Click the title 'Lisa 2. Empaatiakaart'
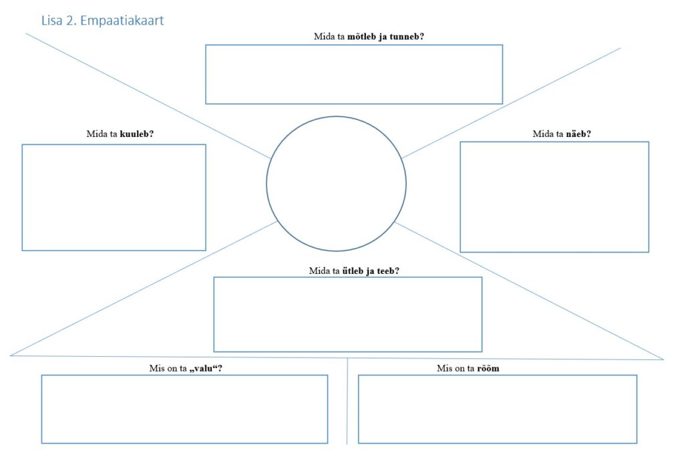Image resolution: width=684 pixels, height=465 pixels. (102, 21)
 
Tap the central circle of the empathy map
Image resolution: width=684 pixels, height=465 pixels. (336, 183)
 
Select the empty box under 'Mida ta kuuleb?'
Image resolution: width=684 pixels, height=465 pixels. (114, 197)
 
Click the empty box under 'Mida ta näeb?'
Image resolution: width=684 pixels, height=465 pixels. (554, 196)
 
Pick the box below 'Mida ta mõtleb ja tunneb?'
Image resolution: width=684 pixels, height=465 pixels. (353, 74)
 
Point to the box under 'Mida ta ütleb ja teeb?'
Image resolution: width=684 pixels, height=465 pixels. (347, 314)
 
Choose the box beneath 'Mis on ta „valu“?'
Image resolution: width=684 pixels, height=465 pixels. (184, 409)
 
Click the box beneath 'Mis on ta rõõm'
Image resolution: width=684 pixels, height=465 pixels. (497, 409)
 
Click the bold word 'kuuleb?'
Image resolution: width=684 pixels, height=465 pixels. (137, 134)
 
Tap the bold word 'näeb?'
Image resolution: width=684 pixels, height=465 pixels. (578, 134)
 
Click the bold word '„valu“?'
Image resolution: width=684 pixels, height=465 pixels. (205, 368)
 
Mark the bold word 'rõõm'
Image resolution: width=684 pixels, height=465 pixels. (489, 368)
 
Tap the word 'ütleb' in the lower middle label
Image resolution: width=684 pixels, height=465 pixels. (353, 271)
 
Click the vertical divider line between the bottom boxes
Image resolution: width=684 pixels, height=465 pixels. (347, 401)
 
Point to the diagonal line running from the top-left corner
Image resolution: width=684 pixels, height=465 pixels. (147, 96)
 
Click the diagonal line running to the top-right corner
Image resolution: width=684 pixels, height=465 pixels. (511, 103)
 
